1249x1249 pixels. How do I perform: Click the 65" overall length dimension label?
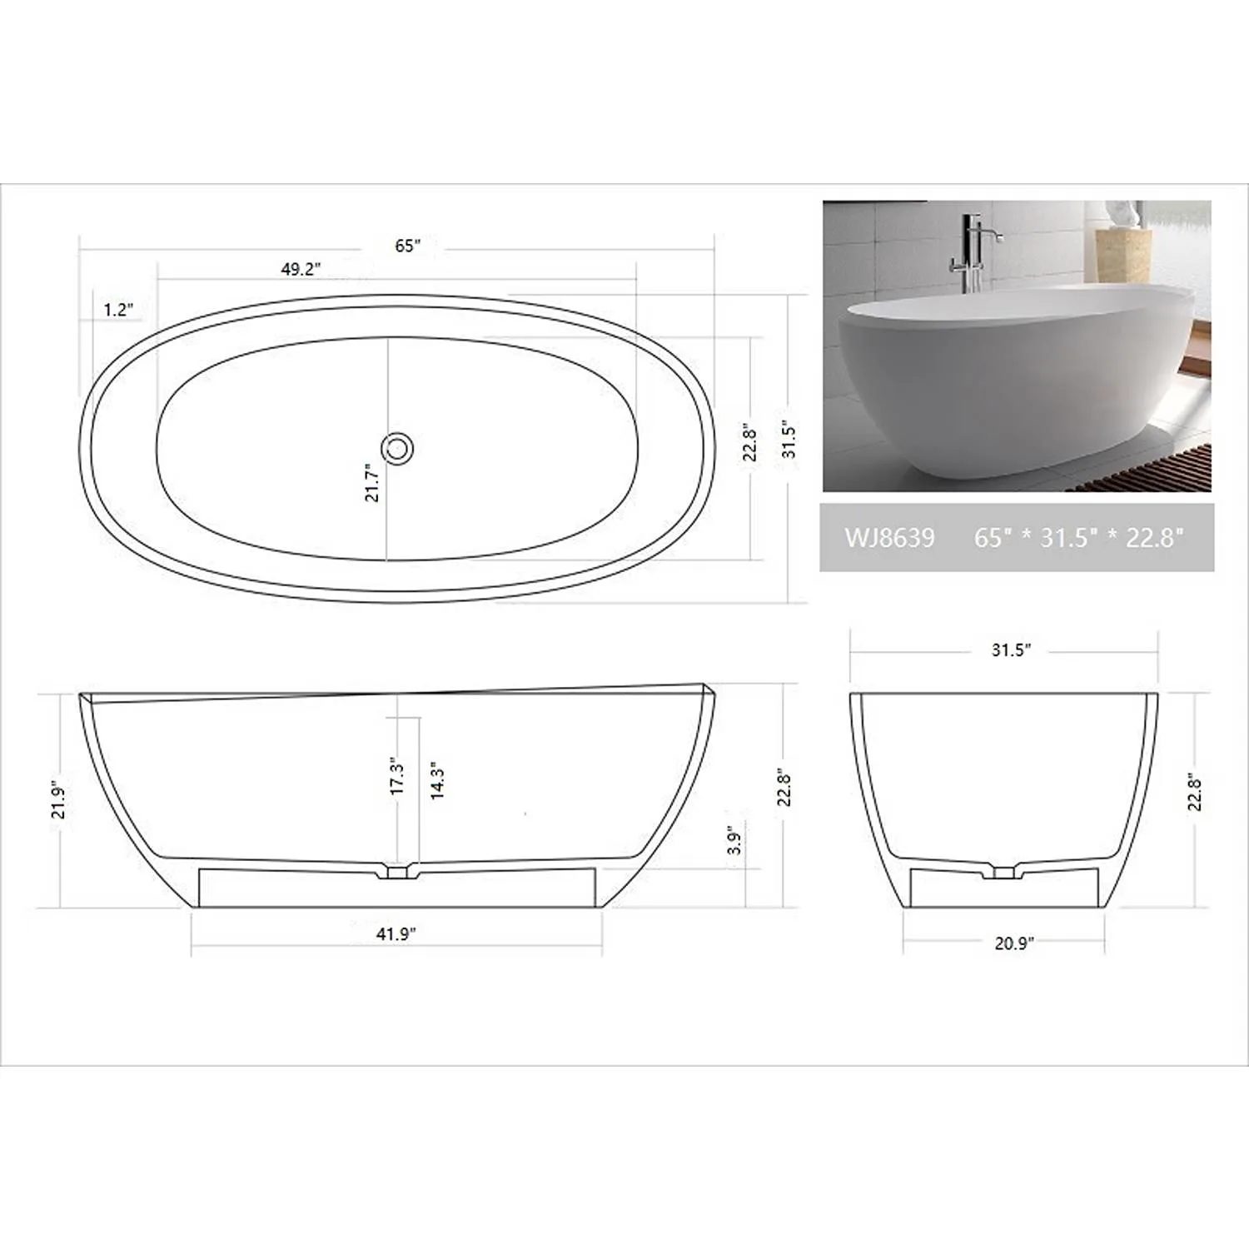(x=407, y=246)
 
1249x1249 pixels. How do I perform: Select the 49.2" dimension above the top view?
(x=301, y=269)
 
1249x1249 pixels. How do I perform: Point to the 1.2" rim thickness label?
(x=118, y=310)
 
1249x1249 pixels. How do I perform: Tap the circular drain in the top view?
(x=398, y=448)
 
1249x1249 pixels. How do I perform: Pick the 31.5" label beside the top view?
(x=789, y=440)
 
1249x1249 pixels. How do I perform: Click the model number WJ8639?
(x=889, y=538)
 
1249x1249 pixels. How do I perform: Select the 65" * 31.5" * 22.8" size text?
(x=1079, y=538)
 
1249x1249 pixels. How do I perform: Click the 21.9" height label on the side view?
(x=58, y=799)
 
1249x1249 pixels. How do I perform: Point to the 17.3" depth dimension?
(x=397, y=776)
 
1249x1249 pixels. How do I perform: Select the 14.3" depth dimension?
(x=437, y=780)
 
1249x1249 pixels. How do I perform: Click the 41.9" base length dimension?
(x=396, y=934)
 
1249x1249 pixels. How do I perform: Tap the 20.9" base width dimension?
(x=1013, y=943)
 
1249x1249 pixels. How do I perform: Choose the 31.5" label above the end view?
(x=1011, y=649)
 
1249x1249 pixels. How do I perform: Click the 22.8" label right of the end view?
(x=1195, y=793)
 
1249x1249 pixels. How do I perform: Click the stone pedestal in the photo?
(x=1122, y=255)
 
